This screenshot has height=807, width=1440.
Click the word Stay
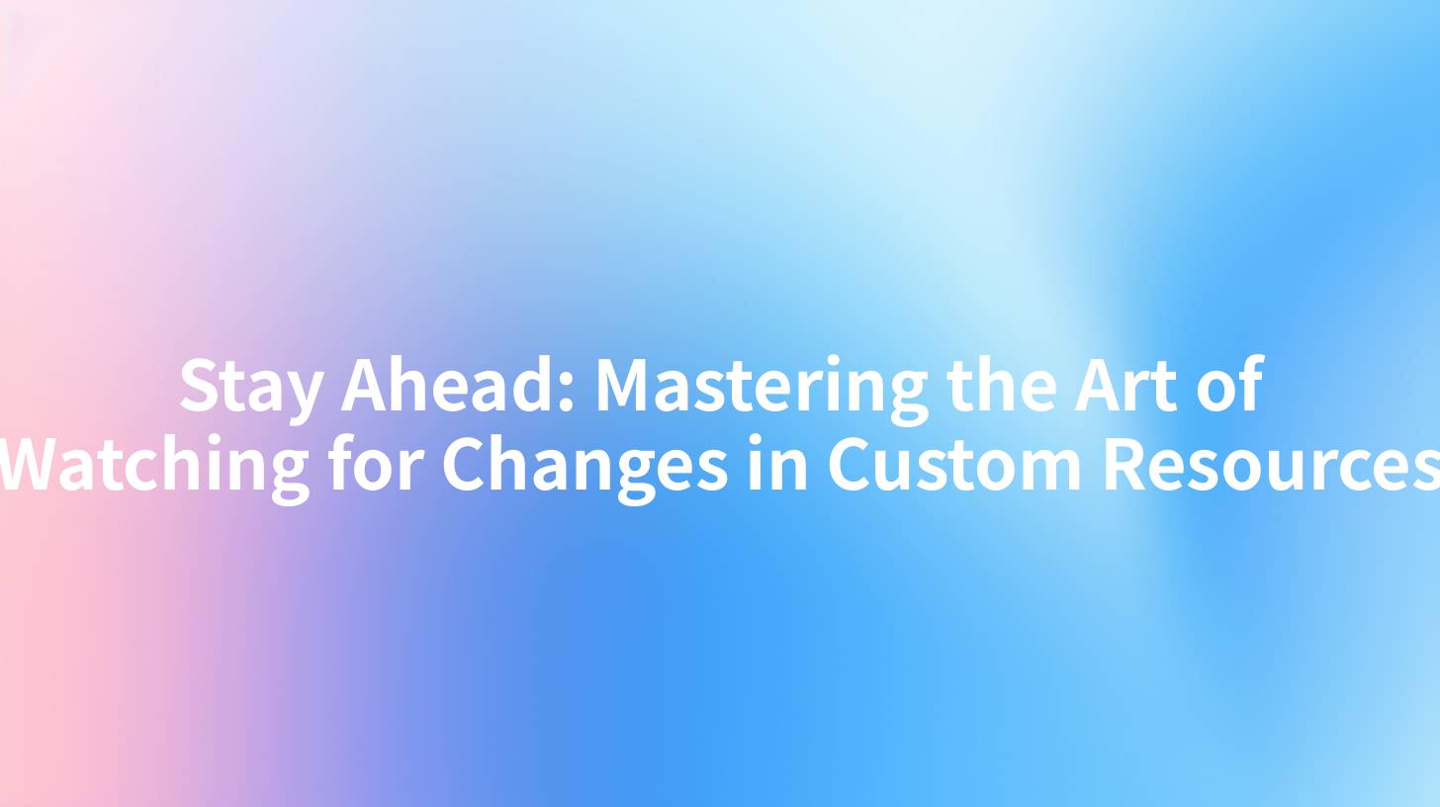pos(251,386)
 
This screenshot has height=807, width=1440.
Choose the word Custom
pos(954,465)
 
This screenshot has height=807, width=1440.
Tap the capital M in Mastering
pos(623,386)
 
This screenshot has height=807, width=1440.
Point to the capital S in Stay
pos(197,386)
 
